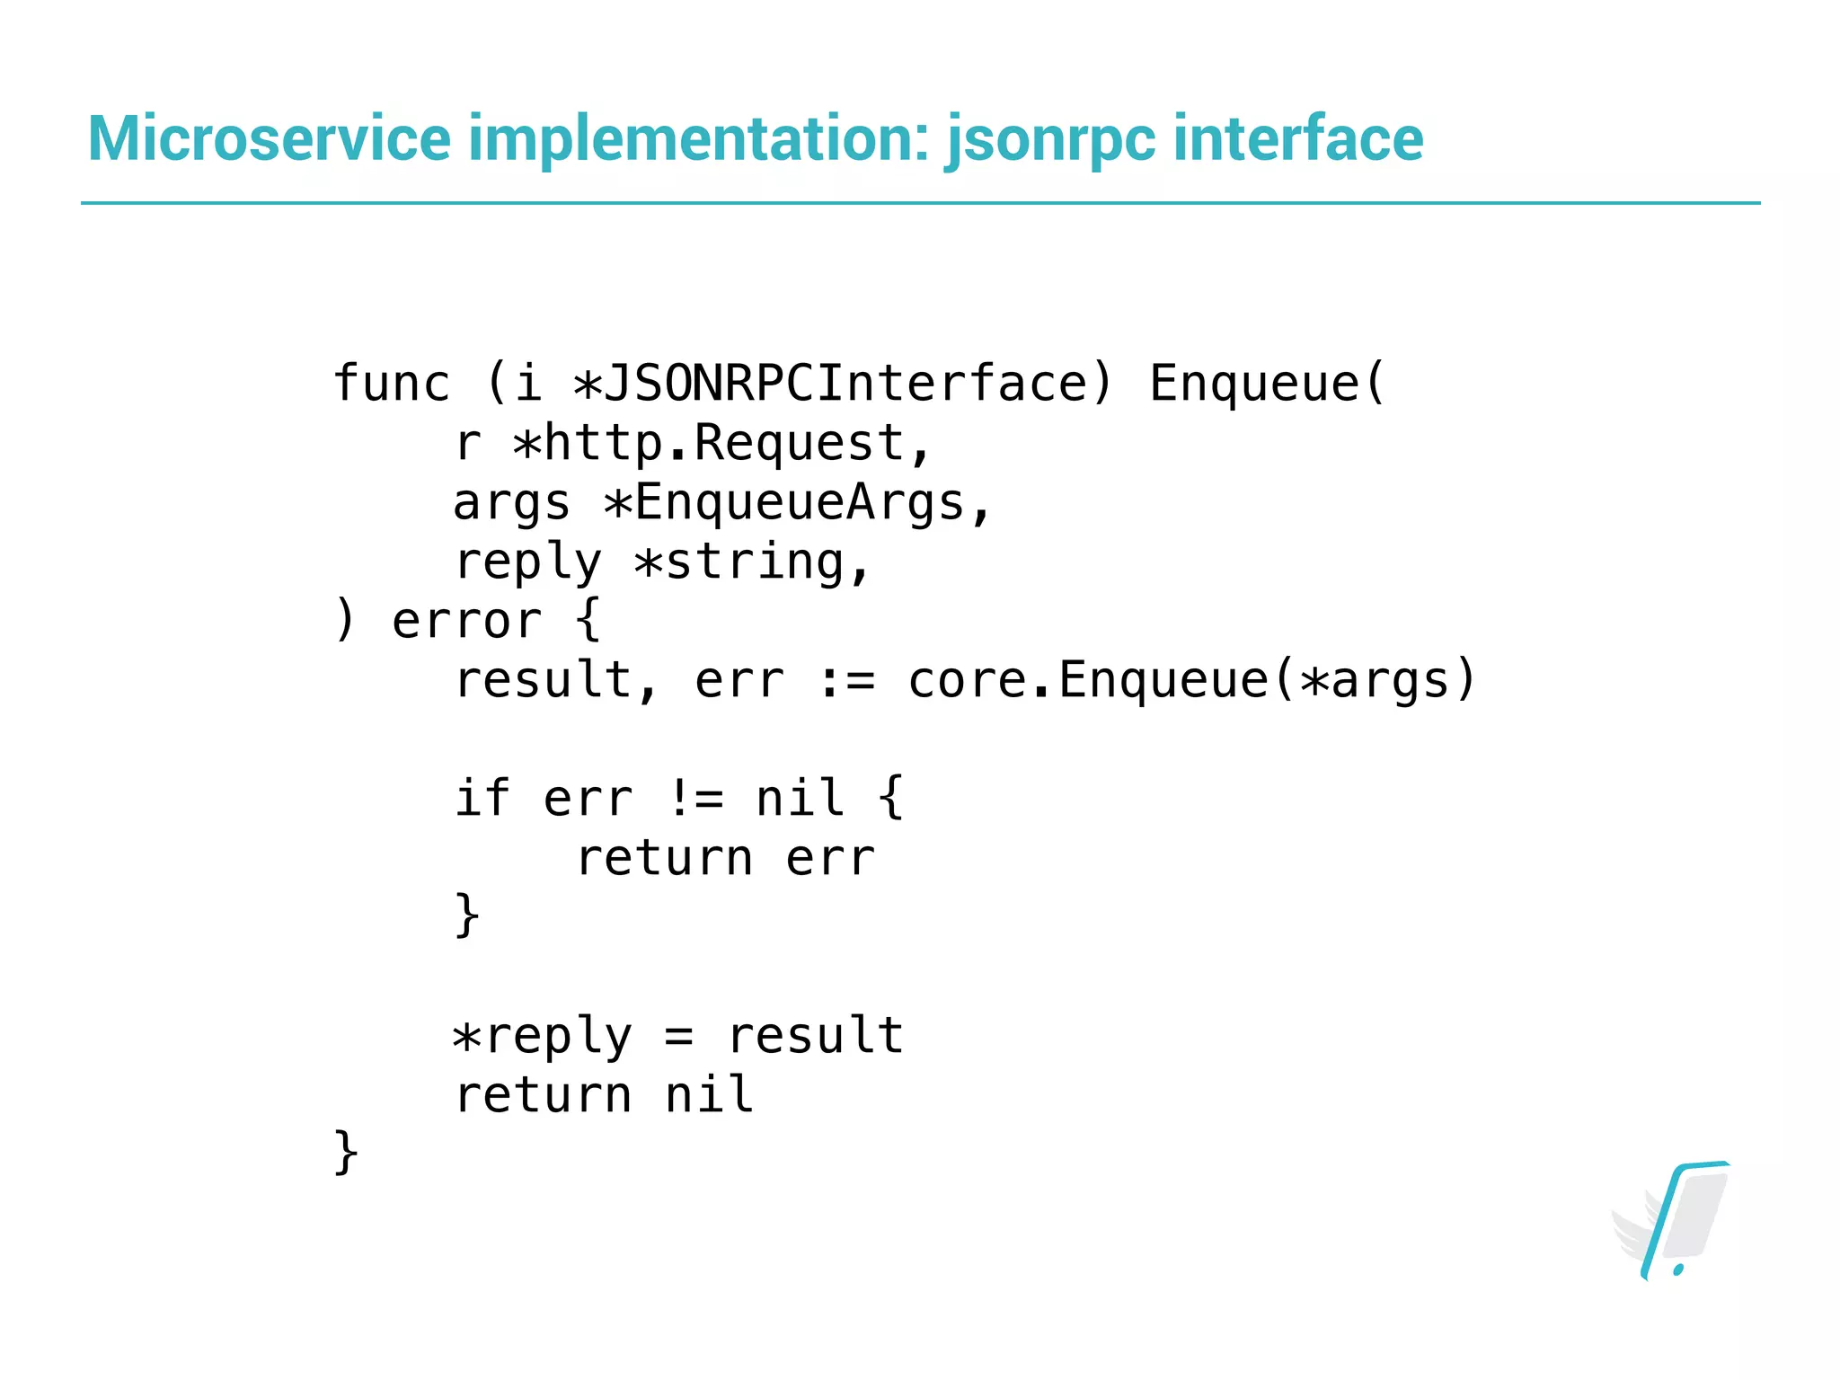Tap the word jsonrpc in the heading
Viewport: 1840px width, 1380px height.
1050,140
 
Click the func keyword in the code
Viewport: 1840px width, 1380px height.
392,384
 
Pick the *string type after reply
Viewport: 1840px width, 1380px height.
738,562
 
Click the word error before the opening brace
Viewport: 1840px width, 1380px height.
466,621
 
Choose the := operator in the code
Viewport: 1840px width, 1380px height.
846,680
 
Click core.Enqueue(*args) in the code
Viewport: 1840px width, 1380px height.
1191,680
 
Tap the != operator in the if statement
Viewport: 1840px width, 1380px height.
695,799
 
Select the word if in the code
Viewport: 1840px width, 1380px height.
482,799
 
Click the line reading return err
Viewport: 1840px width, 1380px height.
725,858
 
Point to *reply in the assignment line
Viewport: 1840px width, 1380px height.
542,1036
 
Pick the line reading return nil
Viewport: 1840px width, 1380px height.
604,1095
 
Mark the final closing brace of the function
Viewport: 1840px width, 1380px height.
346,1153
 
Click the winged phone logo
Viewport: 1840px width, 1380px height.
1672,1221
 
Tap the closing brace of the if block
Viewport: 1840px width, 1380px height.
467,916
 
